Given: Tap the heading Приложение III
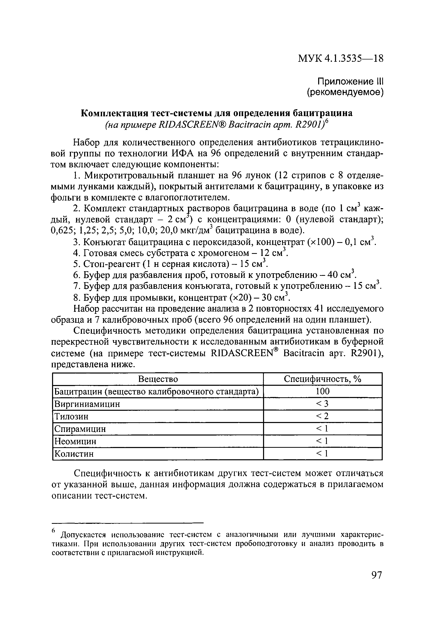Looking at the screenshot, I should [x=350, y=81].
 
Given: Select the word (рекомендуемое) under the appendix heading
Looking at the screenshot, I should [x=345, y=93].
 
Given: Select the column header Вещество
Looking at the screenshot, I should [x=158, y=379].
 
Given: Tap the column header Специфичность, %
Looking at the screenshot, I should [x=323, y=379].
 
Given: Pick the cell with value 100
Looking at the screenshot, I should [x=323, y=391].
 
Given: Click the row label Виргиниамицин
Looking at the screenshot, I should [x=87, y=404].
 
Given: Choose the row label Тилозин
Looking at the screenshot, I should [x=71, y=416].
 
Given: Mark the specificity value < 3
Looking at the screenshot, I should [x=322, y=404].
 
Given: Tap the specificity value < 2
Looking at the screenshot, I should [x=322, y=416].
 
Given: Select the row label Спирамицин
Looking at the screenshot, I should [x=80, y=429].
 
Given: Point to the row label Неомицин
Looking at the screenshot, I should [x=76, y=441].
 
